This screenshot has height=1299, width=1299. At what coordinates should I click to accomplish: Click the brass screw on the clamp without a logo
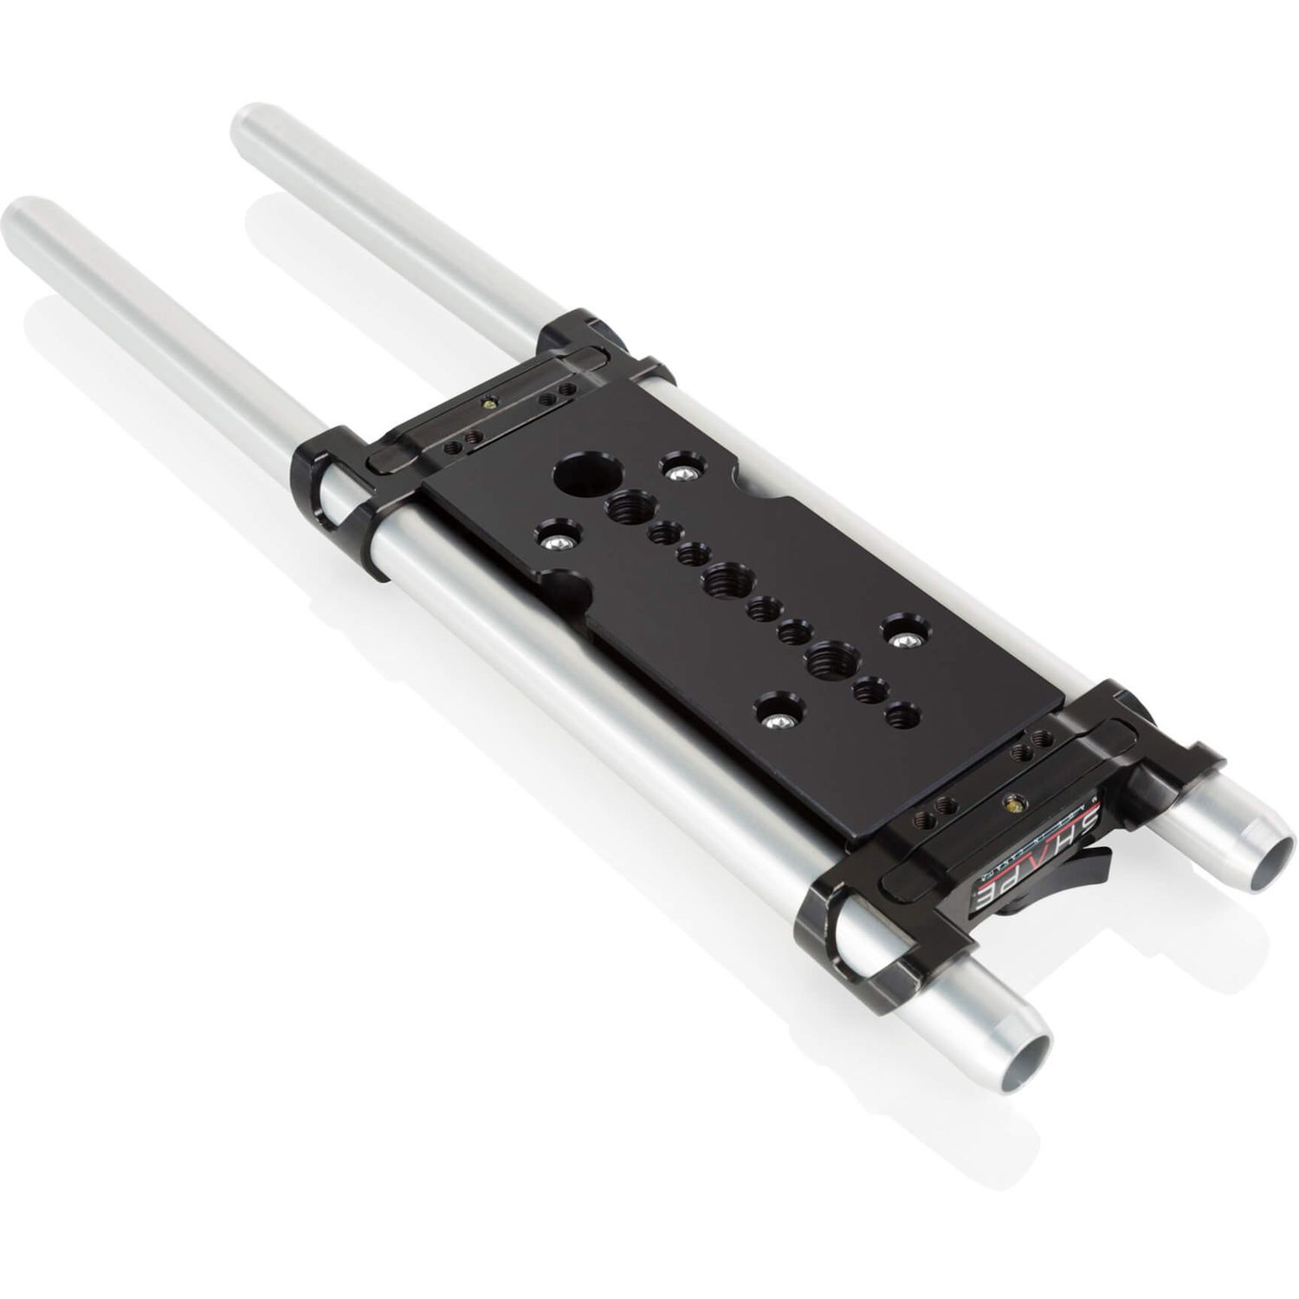pyautogui.click(x=490, y=403)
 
